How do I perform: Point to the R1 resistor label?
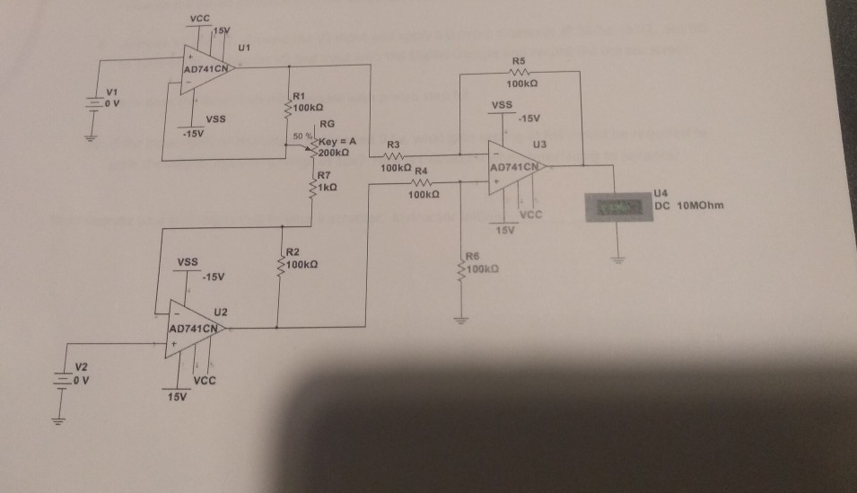(300, 95)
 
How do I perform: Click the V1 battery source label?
(110, 91)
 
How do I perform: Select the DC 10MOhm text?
(688, 205)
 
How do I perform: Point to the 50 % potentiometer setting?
(301, 136)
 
